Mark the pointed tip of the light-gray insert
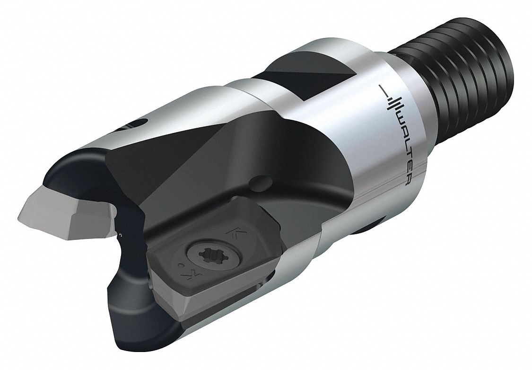click(x=19, y=215)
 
